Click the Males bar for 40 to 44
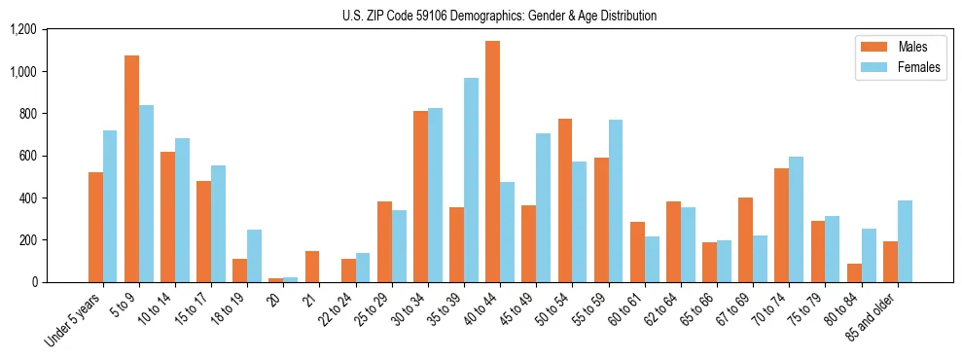pyautogui.click(x=493, y=162)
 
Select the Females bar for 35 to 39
pyautogui.click(x=471, y=180)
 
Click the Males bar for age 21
pyautogui.click(x=312, y=267)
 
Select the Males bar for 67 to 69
pyautogui.click(x=746, y=239)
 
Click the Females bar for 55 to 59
pyautogui.click(x=616, y=200)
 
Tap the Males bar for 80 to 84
pyautogui.click(x=854, y=272)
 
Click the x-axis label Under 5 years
pyautogui.click(x=75, y=320)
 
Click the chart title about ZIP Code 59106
pyautogui.click(x=499, y=16)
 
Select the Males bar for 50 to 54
pyautogui.click(x=565, y=200)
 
